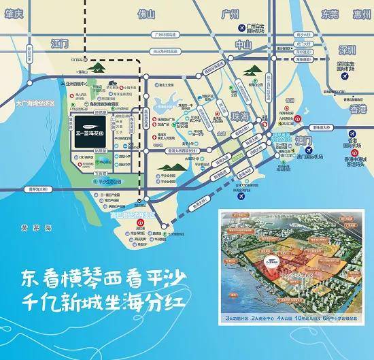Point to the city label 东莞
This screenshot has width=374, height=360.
tap(330, 13)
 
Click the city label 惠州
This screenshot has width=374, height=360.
tap(358, 13)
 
